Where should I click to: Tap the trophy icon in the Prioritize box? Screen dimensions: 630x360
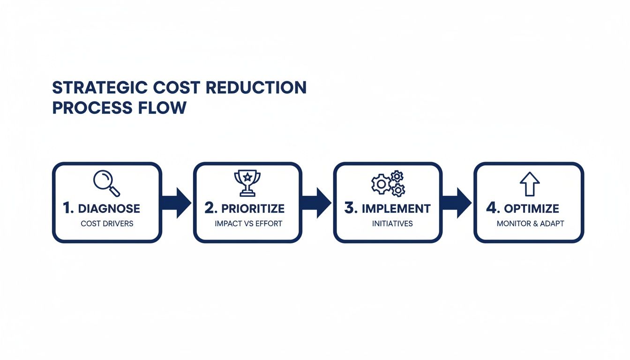pyautogui.click(x=247, y=183)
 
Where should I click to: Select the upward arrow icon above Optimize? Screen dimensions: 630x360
pyautogui.click(x=530, y=184)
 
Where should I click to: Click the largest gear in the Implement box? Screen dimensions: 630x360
pyautogui.click(x=382, y=184)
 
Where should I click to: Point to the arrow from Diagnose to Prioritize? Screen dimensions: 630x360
pyautogui.click(x=176, y=202)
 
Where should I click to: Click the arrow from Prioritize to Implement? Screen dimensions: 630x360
pyautogui.click(x=316, y=202)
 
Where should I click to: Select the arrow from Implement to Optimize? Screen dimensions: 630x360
pyautogui.click(x=456, y=202)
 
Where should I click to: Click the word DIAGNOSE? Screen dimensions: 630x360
pyautogui.click(x=109, y=209)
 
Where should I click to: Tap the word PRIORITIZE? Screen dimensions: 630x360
pyautogui.click(x=253, y=209)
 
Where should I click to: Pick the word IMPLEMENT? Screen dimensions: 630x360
pyautogui.click(x=396, y=209)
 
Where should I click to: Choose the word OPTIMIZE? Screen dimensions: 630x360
pyautogui.click(x=532, y=209)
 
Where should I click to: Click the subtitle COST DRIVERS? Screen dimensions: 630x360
pyautogui.click(x=107, y=224)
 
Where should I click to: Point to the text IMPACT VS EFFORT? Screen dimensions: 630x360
pyautogui.click(x=248, y=224)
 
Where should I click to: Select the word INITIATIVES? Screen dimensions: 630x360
pyautogui.click(x=392, y=224)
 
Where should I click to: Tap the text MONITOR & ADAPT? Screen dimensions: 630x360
pyautogui.click(x=531, y=224)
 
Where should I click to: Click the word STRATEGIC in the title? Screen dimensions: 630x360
pyautogui.click(x=100, y=88)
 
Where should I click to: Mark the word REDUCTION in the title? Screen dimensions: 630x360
pyautogui.click(x=256, y=88)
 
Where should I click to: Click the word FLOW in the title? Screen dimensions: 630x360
pyautogui.click(x=162, y=108)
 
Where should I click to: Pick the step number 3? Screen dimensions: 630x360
pyautogui.click(x=351, y=208)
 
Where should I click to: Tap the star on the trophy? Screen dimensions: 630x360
pyautogui.click(x=247, y=177)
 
